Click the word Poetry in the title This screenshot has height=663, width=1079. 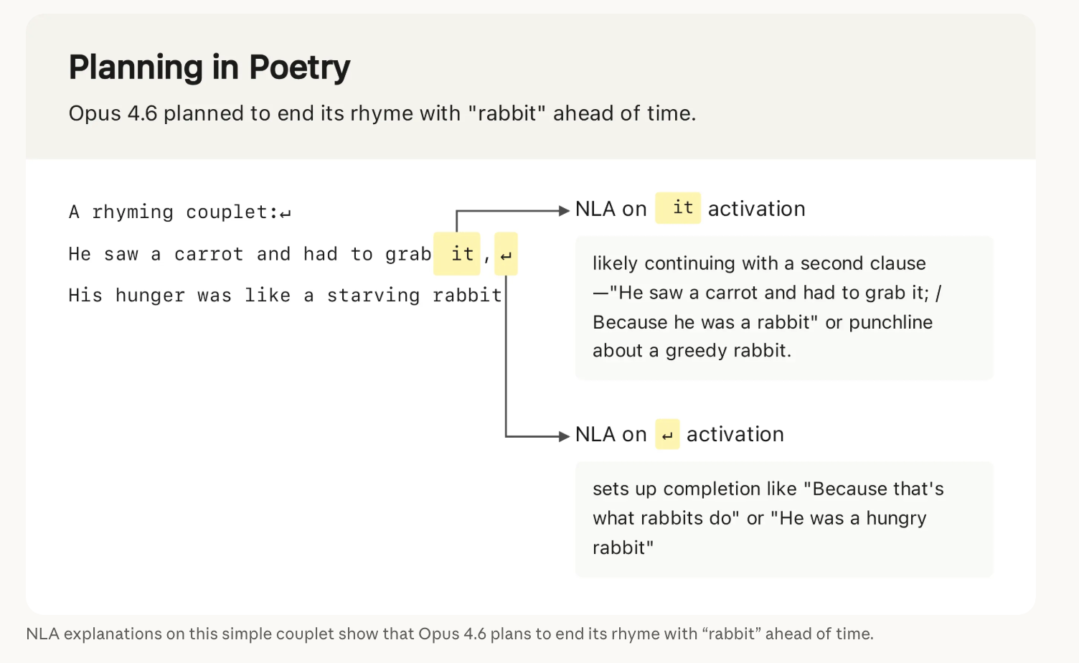point(300,67)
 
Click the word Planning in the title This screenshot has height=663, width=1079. point(136,67)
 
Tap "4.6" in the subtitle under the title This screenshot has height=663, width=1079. point(143,113)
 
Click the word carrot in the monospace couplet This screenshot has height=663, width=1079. point(209,254)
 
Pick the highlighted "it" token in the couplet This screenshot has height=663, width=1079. point(457,254)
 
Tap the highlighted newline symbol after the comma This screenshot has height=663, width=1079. point(506,254)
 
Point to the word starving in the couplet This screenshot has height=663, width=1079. point(373,296)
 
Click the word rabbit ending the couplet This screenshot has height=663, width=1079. point(467,296)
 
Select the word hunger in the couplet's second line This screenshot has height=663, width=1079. point(150,296)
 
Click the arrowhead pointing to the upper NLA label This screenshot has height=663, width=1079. point(564,210)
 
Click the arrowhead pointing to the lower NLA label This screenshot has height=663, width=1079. point(564,436)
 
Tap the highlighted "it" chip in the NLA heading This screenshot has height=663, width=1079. point(678,208)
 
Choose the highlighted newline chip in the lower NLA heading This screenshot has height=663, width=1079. point(667,434)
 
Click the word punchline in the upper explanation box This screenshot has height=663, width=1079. point(890,322)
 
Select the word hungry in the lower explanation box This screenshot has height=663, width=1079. point(896,519)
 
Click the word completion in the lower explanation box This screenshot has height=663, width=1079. point(730,489)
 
